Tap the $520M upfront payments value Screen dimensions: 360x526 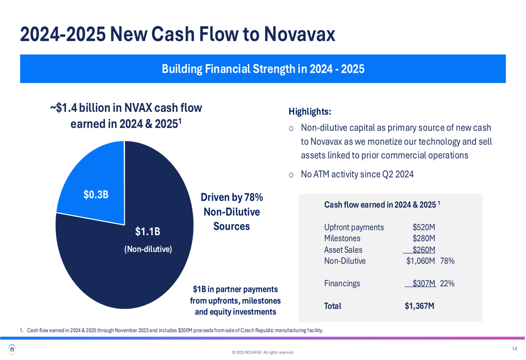(423, 228)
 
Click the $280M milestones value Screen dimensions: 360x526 (423, 239)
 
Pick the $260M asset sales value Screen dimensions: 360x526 (423, 250)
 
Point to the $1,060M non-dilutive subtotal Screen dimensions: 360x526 (420, 261)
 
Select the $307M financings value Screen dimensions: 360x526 (423, 283)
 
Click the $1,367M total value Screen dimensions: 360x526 (419, 306)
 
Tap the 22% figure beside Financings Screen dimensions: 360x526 (447, 283)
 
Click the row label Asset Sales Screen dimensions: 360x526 (343, 250)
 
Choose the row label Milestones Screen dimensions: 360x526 (342, 239)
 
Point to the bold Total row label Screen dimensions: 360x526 (332, 306)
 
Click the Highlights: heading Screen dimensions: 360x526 (310, 111)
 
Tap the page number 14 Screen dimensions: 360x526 (514, 349)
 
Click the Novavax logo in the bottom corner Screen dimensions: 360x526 (12, 349)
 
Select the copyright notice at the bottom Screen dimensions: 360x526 (262, 353)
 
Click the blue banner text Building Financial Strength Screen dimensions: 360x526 (262, 69)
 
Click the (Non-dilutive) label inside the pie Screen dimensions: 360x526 (148, 249)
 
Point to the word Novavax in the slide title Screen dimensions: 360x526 (299, 34)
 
